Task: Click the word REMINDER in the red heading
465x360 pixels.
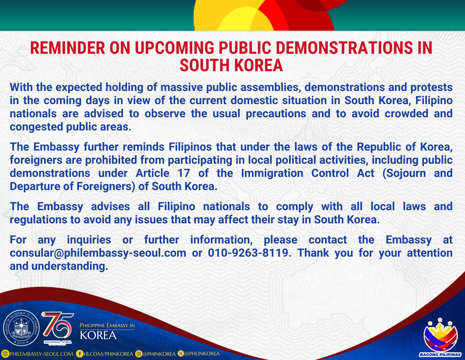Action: click(68, 48)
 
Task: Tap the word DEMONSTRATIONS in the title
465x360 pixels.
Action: click(344, 48)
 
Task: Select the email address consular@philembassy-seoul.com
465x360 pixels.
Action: click(98, 253)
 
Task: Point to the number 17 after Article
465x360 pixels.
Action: click(184, 173)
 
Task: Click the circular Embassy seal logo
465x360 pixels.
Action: click(21, 328)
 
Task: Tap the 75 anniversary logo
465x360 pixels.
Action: click(58, 328)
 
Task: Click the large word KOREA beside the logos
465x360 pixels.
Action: click(98, 335)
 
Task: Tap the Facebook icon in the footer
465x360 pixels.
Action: click(79, 354)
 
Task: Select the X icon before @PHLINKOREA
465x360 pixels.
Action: click(181, 354)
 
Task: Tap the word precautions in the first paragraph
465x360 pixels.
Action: click(276, 114)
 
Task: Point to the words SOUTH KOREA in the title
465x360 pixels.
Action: click(231, 65)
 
